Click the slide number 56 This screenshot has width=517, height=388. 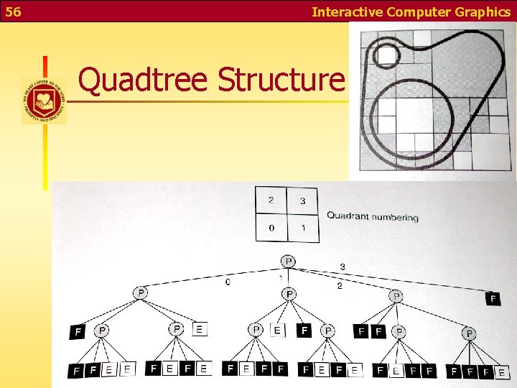[13, 11]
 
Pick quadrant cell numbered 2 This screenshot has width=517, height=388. [271, 200]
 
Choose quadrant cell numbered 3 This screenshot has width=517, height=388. [302, 201]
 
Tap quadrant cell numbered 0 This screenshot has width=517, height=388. [271, 228]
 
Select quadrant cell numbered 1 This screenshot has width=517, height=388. [302, 228]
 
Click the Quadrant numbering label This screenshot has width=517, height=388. [372, 216]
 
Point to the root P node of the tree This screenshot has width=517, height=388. [288, 261]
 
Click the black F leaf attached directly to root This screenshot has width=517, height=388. [493, 297]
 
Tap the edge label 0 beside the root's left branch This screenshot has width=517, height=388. [228, 282]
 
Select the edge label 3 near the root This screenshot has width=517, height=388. [342, 267]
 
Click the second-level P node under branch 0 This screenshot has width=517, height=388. [141, 292]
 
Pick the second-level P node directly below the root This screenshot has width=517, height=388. [289, 294]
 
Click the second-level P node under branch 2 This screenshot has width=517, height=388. [396, 296]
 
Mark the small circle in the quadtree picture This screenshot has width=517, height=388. [388, 55]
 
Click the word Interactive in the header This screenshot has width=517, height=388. [348, 11]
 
